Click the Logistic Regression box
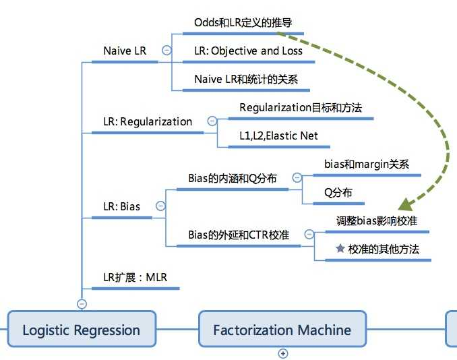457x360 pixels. pyautogui.click(x=81, y=330)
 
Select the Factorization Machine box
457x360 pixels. pyautogui.click(x=282, y=330)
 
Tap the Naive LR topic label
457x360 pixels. pyautogui.click(x=125, y=51)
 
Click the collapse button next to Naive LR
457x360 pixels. pyautogui.click(x=166, y=51)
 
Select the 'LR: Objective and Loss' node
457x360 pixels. pyautogui.click(x=248, y=51)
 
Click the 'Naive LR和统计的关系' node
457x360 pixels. pyautogui.click(x=246, y=79)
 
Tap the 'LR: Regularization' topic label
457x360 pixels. pyautogui.click(x=148, y=121)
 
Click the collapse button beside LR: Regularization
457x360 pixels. pyautogui.click(x=212, y=121)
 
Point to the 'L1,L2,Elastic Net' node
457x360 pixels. pyautogui.click(x=278, y=136)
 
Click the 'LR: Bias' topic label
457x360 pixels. pyautogui.click(x=121, y=206)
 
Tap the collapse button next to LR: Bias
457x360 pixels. pyautogui.click(x=160, y=206)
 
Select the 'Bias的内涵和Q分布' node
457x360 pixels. pyautogui.click(x=233, y=178)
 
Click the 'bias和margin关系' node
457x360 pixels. pyautogui.click(x=367, y=164)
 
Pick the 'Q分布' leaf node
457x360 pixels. pyautogui.click(x=338, y=192)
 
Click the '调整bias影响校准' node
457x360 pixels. pyautogui.click(x=381, y=220)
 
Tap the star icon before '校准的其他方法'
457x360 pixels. pyautogui.click(x=340, y=249)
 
